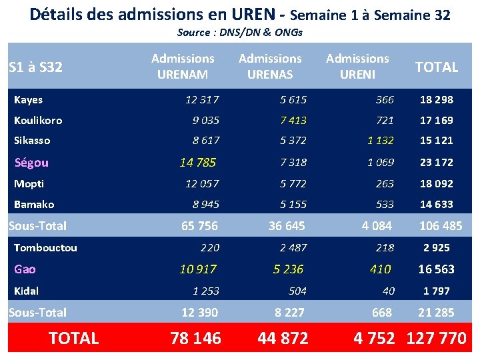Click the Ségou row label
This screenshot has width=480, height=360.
pos(31,163)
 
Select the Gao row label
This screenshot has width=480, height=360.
pos(25,269)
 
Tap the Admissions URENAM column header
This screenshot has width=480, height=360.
pos(183,66)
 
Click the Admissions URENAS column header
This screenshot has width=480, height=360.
pos(270,66)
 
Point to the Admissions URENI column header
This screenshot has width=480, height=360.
pos(357,66)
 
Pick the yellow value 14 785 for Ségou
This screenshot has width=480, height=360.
pos(198,162)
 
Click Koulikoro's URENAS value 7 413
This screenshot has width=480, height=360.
pos(293,120)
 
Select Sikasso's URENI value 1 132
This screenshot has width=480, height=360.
pos(381,140)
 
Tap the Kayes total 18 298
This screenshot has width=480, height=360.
pos(437,100)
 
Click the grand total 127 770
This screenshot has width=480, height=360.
pos(437,338)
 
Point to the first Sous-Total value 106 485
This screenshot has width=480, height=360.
pos(441,226)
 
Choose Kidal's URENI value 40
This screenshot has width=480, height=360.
pos(389,291)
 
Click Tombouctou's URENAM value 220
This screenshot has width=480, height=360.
pos(210,247)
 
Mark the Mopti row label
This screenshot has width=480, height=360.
pos(29,184)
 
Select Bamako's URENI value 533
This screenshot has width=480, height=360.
pos(385,204)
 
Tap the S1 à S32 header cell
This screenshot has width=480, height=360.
pos(35,67)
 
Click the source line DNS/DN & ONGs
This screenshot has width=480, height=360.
pos(240,32)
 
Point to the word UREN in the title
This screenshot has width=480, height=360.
pos(253,15)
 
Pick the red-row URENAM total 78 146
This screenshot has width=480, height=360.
pos(195,338)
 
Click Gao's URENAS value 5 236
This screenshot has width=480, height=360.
pos(288,269)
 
